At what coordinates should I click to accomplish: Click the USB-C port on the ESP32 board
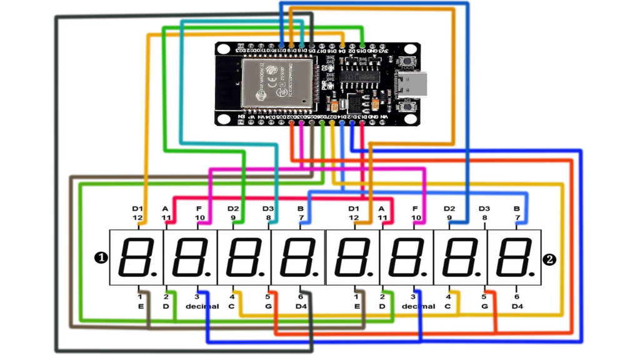tap(413, 83)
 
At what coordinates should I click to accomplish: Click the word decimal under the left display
tap(202, 306)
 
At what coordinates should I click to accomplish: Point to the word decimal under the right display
tap(418, 306)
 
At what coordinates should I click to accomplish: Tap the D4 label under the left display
tap(301, 306)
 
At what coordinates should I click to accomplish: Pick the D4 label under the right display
tap(517, 306)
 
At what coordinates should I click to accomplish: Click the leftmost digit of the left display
tap(136, 257)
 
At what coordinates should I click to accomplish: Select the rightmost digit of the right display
tap(514, 257)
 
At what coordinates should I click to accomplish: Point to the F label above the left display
tap(199, 208)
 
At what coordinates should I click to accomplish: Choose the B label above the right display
tap(517, 208)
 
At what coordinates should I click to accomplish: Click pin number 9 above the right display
tap(449, 217)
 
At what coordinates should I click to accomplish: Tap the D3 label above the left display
tap(267, 208)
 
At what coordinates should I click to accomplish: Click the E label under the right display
tap(356, 306)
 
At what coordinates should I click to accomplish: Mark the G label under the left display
tap(267, 306)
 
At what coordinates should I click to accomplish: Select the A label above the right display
tap(382, 208)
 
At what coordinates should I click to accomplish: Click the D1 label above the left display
tap(137, 208)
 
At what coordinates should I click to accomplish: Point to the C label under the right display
tap(447, 306)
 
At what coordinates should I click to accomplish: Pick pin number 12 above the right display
tap(354, 217)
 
